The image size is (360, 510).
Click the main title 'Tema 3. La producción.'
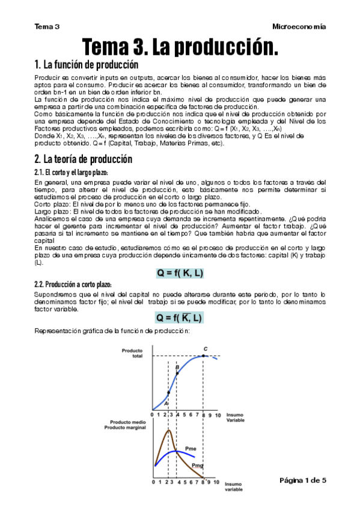coord(180,46)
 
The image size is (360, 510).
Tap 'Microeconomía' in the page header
coord(299,26)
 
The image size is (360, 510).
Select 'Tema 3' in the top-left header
coord(47,26)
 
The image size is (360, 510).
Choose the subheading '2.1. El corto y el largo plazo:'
coord(71,173)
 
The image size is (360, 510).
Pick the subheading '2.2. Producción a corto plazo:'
coord(73,284)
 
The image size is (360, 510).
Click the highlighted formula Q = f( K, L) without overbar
coord(180,273)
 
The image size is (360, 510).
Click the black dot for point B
coord(177,373)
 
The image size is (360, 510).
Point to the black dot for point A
coord(168,393)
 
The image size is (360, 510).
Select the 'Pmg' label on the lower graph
coord(197,465)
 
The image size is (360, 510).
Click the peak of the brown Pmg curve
coord(169,431)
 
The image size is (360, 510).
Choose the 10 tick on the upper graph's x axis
coord(218,415)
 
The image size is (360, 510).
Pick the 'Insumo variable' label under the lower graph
coord(234,487)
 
